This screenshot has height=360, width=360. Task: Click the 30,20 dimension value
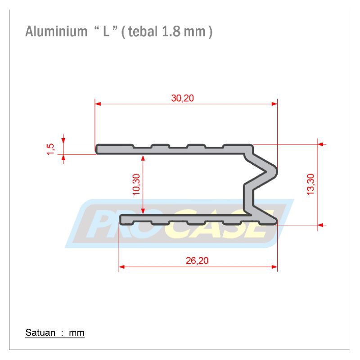coord(183,98)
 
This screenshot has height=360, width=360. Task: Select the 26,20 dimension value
coord(197,261)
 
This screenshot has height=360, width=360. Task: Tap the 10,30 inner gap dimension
coord(136,184)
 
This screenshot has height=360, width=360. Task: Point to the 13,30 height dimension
coord(310,184)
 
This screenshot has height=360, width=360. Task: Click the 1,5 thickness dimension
coord(51,149)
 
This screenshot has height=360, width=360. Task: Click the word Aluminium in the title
coord(56,31)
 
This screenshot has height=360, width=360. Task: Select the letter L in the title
coord(106,31)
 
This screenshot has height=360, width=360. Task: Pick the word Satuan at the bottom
coord(40,333)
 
